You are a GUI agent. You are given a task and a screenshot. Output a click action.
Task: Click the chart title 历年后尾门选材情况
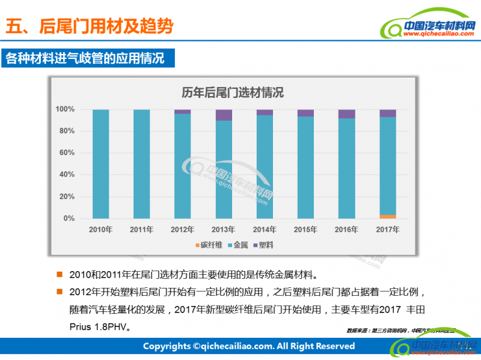click(x=233, y=93)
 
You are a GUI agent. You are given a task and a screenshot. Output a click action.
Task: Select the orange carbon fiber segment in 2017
click(x=388, y=216)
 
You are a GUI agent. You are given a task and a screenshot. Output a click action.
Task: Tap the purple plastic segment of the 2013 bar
click(x=224, y=115)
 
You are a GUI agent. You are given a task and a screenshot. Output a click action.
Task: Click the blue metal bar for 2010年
click(x=100, y=163)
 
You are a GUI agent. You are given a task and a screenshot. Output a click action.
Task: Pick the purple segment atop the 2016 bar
click(x=347, y=114)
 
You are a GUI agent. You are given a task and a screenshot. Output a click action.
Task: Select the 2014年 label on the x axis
click(x=265, y=230)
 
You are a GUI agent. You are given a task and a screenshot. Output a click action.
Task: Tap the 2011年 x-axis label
click(x=142, y=230)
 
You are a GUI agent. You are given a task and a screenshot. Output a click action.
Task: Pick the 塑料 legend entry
click(x=265, y=245)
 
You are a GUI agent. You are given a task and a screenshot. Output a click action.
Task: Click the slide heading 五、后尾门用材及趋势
click(x=89, y=26)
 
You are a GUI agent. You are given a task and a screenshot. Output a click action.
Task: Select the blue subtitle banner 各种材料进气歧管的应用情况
click(x=84, y=58)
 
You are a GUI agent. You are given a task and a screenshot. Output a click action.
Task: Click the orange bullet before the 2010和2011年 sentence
click(x=60, y=275)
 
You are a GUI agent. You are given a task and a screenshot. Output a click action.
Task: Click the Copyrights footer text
click(x=248, y=346)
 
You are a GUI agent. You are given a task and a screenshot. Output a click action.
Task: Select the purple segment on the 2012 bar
click(x=183, y=112)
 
